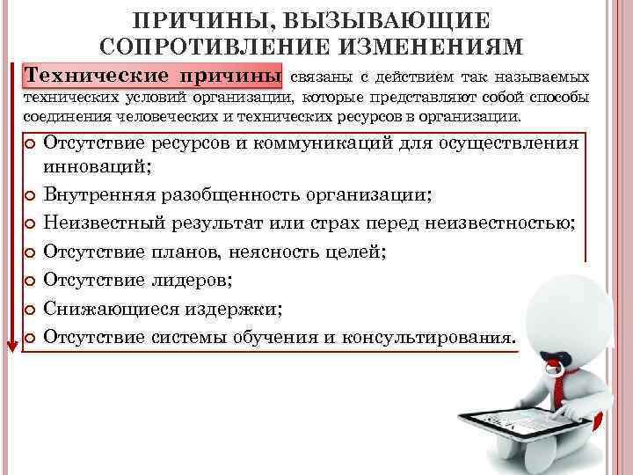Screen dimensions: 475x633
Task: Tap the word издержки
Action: tap(232, 309)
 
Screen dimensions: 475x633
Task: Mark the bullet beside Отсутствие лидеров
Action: tap(31, 281)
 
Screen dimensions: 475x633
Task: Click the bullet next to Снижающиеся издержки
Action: tap(31, 310)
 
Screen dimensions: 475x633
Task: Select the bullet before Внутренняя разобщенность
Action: tap(31, 195)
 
